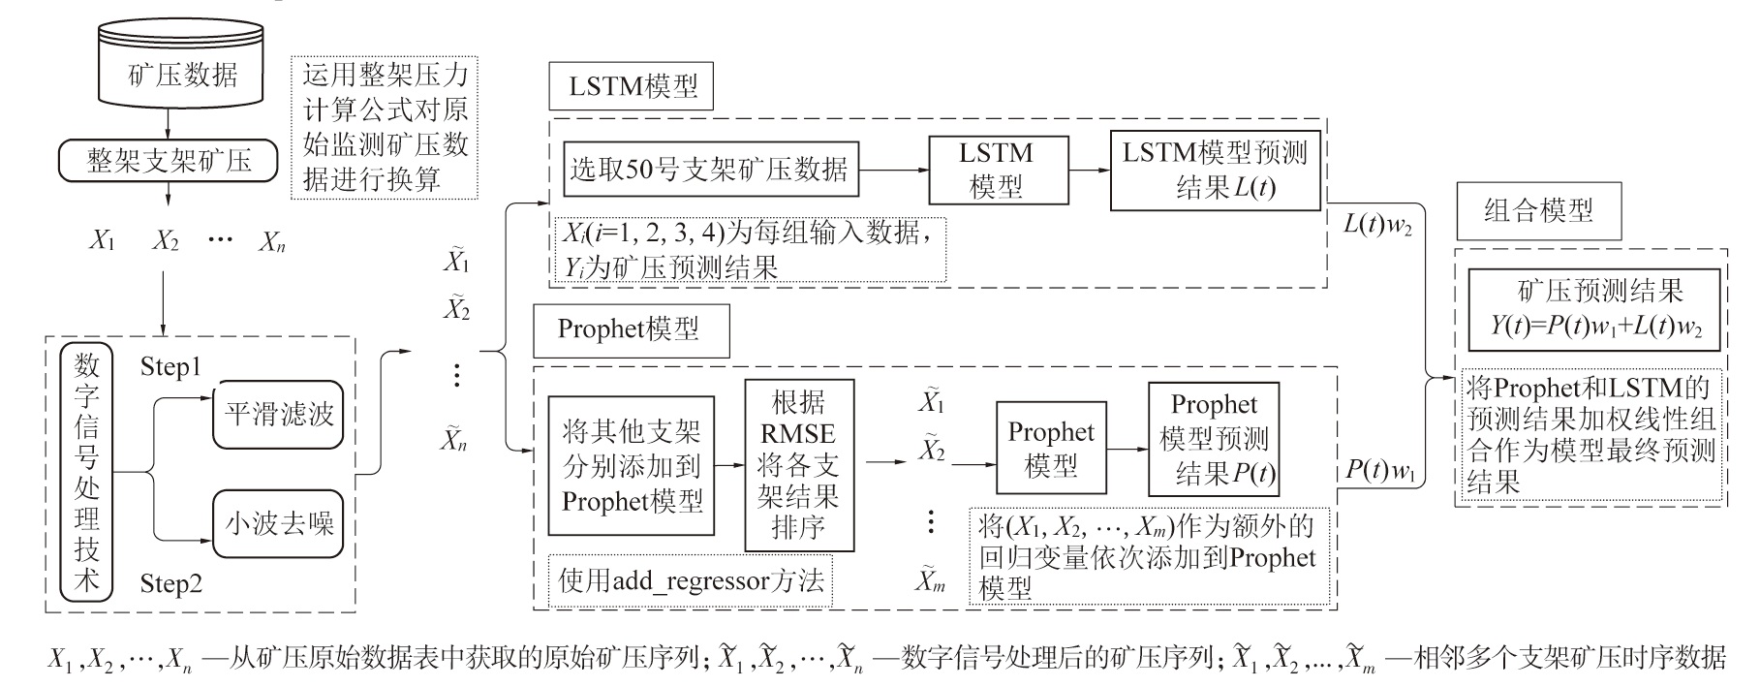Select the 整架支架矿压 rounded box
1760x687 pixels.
tap(169, 161)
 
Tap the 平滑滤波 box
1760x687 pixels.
tap(278, 415)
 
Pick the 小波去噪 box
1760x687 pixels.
tap(278, 524)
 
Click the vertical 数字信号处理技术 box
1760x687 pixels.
tap(87, 472)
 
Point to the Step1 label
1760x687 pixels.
tap(170, 367)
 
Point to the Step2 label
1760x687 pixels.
tap(170, 583)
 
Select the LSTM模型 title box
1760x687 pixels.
tap(632, 87)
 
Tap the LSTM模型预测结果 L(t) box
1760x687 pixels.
tap(1215, 170)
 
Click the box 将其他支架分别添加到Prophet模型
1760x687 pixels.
tap(631, 466)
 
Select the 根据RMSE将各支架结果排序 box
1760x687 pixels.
tap(799, 465)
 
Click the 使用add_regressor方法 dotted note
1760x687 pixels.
tap(691, 580)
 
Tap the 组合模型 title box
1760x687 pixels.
tap(1538, 211)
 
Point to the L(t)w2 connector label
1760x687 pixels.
tap(1376, 225)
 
